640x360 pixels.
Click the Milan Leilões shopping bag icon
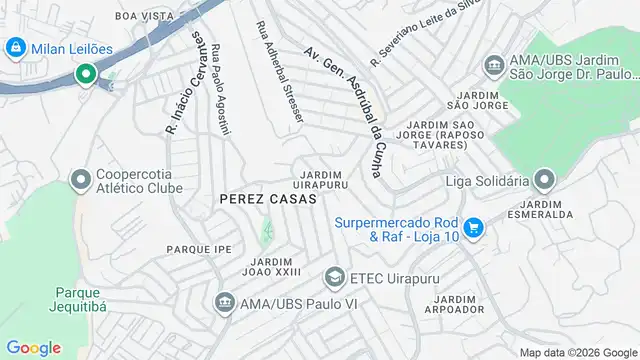point(16,47)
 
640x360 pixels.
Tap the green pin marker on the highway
point(86,74)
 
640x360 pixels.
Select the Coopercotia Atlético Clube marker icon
point(80,179)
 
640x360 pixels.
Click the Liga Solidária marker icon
point(544,181)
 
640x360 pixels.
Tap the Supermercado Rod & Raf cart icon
point(475,229)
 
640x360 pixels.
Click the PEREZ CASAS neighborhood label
point(267,199)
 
